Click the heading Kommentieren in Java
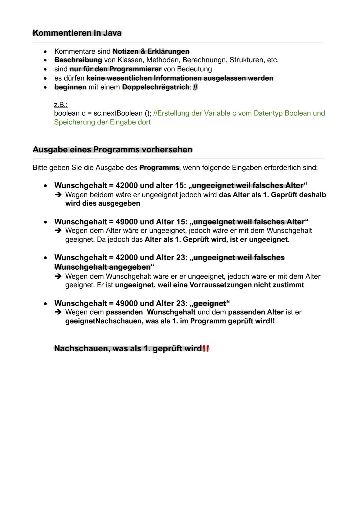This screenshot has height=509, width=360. coord(77,33)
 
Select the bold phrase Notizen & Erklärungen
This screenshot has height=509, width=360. coord(151,51)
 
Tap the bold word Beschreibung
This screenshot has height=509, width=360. coord(78,60)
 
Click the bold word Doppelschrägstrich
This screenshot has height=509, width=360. coord(156,87)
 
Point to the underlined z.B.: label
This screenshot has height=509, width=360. coord(61,105)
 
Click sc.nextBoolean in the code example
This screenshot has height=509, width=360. coord(118,113)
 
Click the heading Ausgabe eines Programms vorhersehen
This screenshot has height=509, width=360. coord(112,149)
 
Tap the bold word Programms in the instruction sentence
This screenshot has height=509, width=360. coord(159,168)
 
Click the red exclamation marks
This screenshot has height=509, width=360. coord(206,349)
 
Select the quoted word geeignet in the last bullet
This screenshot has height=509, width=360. coord(209,303)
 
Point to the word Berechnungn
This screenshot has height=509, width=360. coord(204,60)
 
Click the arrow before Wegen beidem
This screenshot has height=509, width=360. coord(58,195)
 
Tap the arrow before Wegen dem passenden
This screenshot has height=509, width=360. coord(58,312)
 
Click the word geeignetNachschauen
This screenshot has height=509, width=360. coord(104,321)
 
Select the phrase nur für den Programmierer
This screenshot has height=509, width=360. coord(115,69)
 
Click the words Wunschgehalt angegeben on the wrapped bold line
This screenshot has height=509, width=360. coord(102,267)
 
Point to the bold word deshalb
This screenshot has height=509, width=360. coord(312,195)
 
